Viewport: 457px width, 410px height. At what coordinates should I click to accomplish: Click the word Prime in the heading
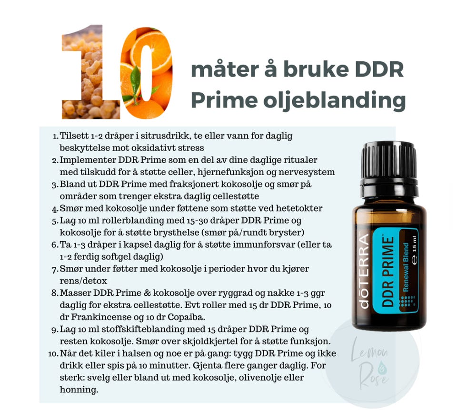click(224, 100)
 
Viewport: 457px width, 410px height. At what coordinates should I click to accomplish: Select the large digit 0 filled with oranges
click(146, 73)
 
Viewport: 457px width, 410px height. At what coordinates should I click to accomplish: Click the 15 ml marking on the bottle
click(414, 249)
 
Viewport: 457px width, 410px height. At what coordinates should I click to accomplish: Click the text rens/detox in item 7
click(83, 281)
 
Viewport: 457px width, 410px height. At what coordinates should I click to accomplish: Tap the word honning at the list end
click(79, 390)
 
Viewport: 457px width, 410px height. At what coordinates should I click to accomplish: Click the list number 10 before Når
click(53, 354)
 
